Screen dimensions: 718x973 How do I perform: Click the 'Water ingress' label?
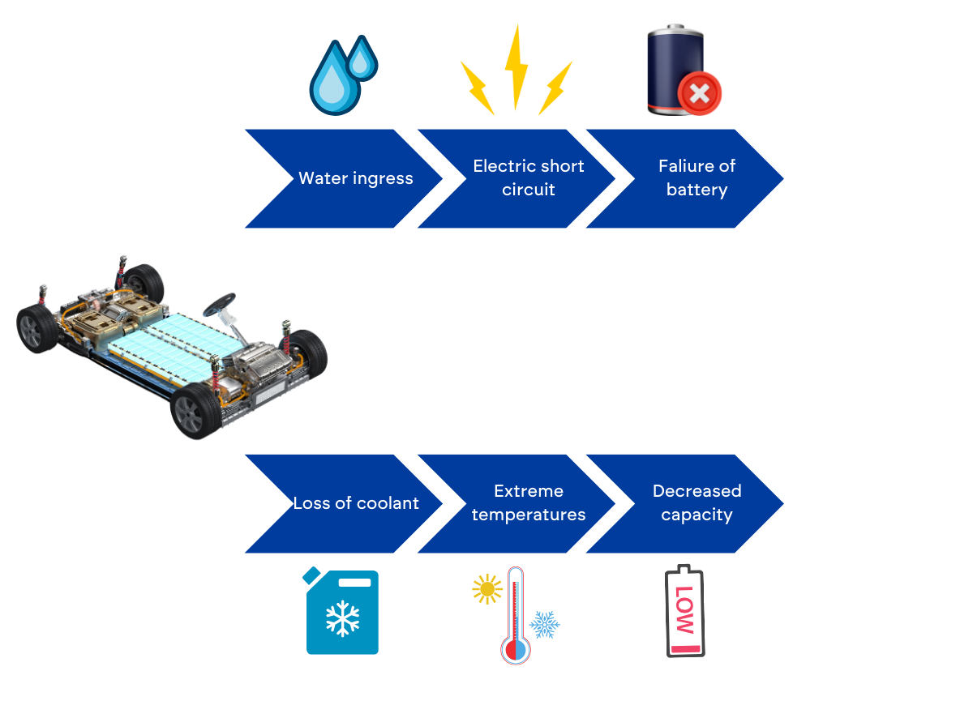coord(356,178)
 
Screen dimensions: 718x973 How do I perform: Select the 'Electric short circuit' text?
coord(529,177)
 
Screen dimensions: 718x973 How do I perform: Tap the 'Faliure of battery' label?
coord(697,177)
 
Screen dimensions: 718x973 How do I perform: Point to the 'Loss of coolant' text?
coord(356,503)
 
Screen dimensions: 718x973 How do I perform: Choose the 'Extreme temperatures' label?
coord(529,502)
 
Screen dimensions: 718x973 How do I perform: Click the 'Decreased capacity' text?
coord(697,502)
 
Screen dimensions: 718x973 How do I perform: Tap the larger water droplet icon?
coord(333,81)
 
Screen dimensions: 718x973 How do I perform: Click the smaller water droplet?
coord(362,58)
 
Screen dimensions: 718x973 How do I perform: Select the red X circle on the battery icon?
coord(699,94)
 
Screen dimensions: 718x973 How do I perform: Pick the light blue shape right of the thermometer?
coord(544,630)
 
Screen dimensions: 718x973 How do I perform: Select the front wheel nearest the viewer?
coord(191,411)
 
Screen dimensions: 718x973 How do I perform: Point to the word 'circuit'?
coord(529,190)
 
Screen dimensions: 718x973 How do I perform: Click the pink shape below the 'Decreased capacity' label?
coord(684,620)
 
